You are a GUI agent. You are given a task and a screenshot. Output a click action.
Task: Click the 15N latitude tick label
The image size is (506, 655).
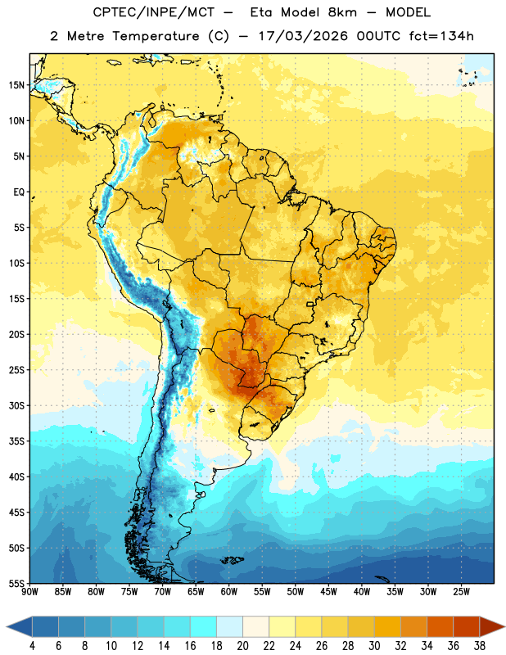[16, 85]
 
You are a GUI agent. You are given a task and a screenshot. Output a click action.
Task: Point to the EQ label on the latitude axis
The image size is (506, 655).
[19, 192]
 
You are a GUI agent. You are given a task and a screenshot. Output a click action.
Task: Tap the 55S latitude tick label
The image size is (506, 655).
[16, 584]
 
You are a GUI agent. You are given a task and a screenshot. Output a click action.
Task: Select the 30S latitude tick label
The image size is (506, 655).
[16, 405]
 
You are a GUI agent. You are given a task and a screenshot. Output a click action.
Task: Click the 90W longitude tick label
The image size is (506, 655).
[29, 591]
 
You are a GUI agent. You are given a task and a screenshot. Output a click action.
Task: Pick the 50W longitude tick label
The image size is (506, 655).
[296, 591]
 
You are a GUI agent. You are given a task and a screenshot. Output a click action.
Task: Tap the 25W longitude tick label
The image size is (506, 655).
[461, 591]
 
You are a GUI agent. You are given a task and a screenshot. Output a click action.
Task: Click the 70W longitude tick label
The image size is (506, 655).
[163, 591]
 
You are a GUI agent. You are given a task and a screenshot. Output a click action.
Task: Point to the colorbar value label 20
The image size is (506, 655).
[242, 646]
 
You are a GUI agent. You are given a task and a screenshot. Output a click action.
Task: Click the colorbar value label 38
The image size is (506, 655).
[479, 646]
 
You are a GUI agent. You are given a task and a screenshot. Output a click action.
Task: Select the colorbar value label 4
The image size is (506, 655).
[32, 646]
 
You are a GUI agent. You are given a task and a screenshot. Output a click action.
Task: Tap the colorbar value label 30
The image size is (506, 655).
[374, 646]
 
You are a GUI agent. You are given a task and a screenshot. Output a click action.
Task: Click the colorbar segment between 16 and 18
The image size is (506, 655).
[203, 627]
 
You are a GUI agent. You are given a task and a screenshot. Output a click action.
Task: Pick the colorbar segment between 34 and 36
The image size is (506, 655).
[440, 627]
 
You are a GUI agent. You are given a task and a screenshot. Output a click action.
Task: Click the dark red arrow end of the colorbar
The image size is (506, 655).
[492, 627]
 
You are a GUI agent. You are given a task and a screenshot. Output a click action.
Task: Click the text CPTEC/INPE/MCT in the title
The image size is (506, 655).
[153, 12]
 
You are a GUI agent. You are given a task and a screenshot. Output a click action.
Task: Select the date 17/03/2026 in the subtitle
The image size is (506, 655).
[303, 36]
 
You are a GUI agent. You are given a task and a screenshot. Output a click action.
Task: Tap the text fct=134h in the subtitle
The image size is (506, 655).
[441, 36]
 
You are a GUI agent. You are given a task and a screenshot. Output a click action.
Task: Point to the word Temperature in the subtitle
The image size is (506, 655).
[156, 36]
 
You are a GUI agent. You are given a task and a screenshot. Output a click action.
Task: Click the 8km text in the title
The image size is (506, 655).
[342, 12]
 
